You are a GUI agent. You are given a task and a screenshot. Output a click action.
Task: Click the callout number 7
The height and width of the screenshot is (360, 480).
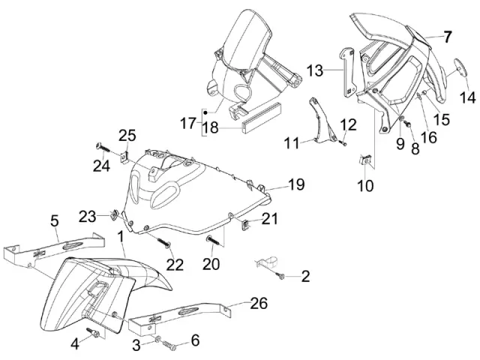coord(447,36)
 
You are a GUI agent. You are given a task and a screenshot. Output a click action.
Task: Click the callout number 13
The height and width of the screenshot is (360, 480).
coord(314,70)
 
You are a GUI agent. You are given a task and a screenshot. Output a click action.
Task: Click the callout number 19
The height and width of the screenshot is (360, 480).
coord(295,184)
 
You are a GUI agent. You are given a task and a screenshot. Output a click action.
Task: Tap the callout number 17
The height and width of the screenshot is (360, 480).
coord(187,121)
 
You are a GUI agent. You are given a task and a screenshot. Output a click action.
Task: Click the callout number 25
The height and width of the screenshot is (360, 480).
coord(127,135)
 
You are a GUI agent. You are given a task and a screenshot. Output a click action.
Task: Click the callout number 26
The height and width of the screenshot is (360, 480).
coord(258,304)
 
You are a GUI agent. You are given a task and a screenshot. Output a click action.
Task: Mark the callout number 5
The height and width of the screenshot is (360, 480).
coord(54,220)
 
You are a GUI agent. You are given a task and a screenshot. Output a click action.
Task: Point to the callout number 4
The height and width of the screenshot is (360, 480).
coord(75,344)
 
